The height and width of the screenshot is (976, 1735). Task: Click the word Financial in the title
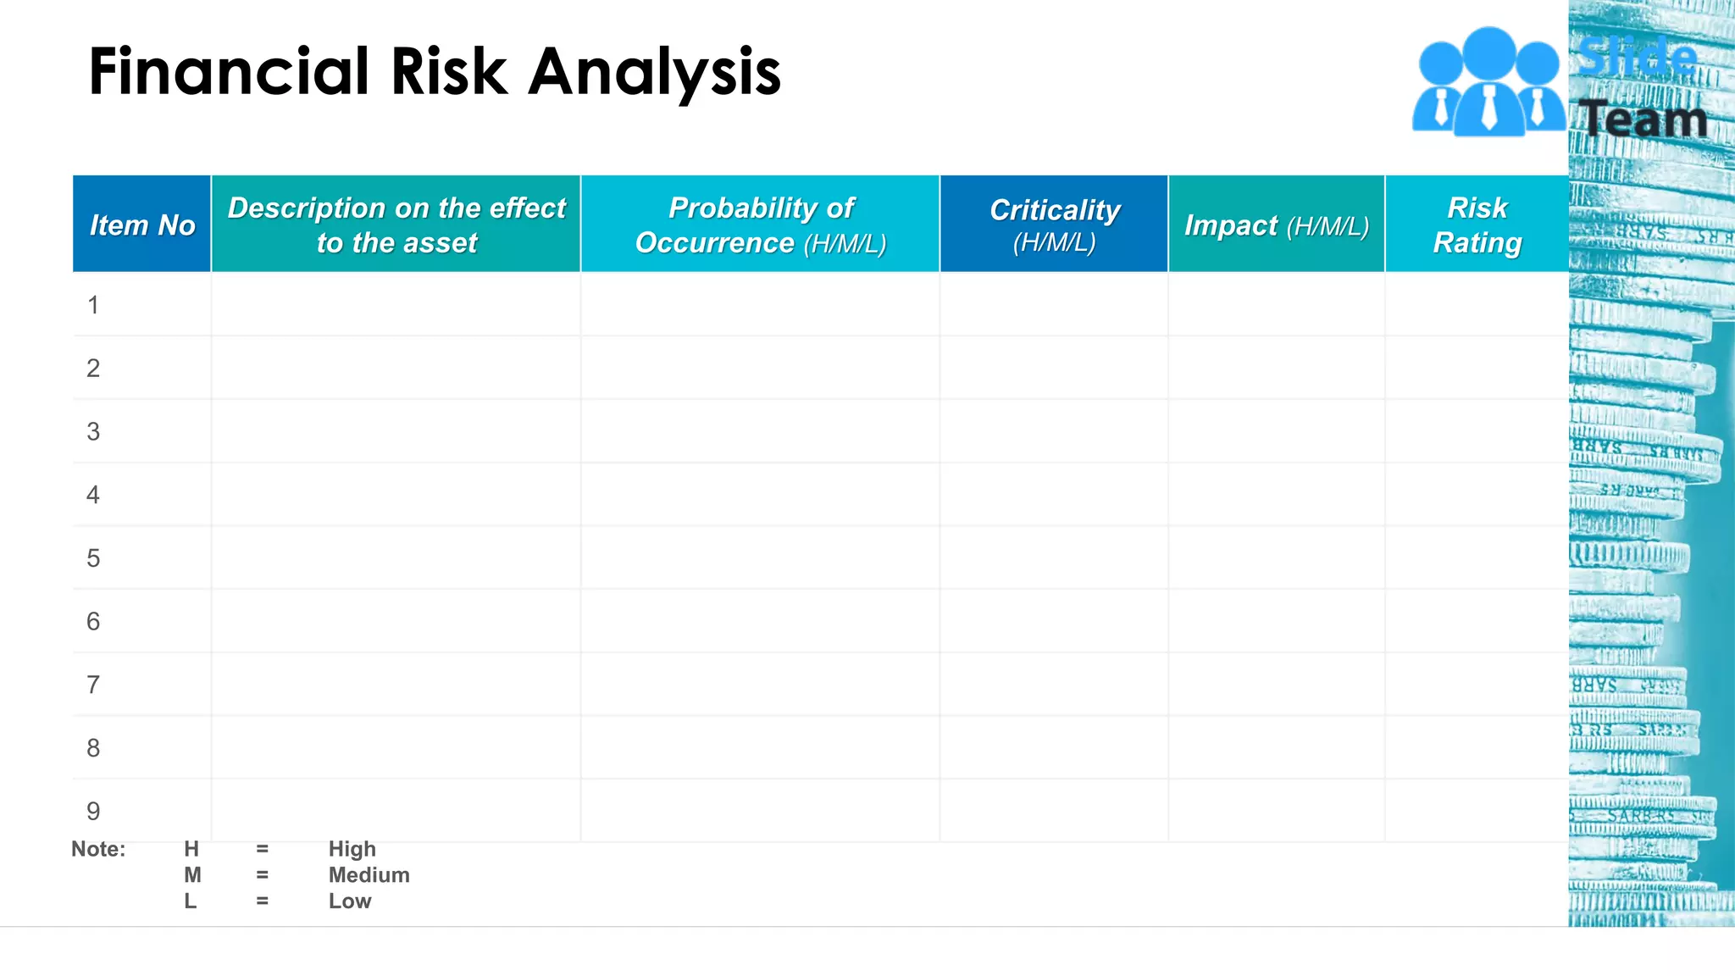tap(229, 71)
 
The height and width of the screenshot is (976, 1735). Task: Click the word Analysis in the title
tap(654, 73)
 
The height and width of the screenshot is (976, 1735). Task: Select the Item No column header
tap(142, 225)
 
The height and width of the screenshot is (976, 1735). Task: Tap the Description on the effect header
tap(396, 225)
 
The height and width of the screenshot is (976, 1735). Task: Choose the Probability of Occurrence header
tap(761, 225)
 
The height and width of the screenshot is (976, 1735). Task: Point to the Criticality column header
tap(1055, 225)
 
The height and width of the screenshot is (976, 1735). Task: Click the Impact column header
tap(1277, 225)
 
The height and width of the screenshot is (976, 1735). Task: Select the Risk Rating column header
tap(1477, 225)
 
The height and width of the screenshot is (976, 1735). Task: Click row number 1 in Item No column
tap(93, 305)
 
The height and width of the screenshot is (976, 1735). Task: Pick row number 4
tap(93, 495)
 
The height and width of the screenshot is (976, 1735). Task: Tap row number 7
tap(93, 685)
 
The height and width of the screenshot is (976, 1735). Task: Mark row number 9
tap(93, 812)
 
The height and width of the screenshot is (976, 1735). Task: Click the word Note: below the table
tap(98, 849)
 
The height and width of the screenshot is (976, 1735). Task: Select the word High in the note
tap(352, 849)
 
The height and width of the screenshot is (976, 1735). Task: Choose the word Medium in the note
tap(369, 875)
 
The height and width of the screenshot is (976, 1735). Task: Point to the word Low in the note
tap(350, 901)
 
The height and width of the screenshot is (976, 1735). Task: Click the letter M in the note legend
tap(192, 875)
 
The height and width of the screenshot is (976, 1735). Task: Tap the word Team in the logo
tap(1644, 119)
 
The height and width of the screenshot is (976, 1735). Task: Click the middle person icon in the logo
tap(1488, 85)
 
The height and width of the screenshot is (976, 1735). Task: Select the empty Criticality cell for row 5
tap(1054, 558)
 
